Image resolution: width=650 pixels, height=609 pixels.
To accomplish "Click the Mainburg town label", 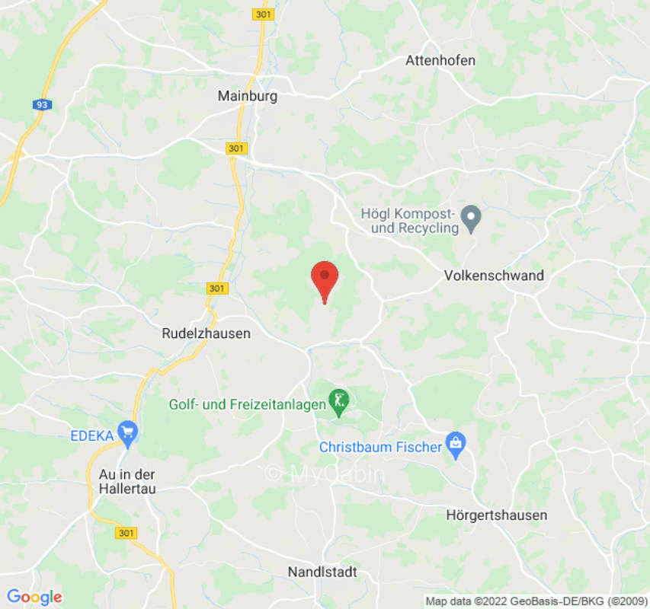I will [x=247, y=97].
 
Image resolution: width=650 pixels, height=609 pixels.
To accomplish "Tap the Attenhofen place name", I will [x=440, y=60].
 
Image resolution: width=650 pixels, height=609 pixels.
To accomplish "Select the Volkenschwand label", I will [x=494, y=276].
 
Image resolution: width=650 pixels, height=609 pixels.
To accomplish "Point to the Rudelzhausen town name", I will [x=206, y=333].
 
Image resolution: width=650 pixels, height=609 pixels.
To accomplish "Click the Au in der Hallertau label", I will [x=127, y=481].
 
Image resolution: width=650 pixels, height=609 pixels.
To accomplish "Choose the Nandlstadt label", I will [x=322, y=572].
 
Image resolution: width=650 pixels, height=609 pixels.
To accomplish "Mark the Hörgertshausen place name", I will [x=496, y=515].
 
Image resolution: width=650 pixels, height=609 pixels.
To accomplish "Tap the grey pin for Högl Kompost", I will [x=472, y=219].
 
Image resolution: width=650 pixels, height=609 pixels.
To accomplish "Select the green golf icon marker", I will [x=338, y=400].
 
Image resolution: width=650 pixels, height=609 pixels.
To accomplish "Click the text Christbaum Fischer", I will [x=380, y=447].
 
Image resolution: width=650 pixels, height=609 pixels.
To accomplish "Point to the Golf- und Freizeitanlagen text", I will [x=247, y=405].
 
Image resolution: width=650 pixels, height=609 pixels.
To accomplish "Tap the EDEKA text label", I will [x=92, y=436].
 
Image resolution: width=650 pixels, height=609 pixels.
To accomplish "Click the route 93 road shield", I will [x=40, y=104].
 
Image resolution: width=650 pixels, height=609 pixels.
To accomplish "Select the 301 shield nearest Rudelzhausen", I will [x=216, y=289].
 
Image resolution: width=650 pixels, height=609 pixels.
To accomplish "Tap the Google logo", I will [x=34, y=597].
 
